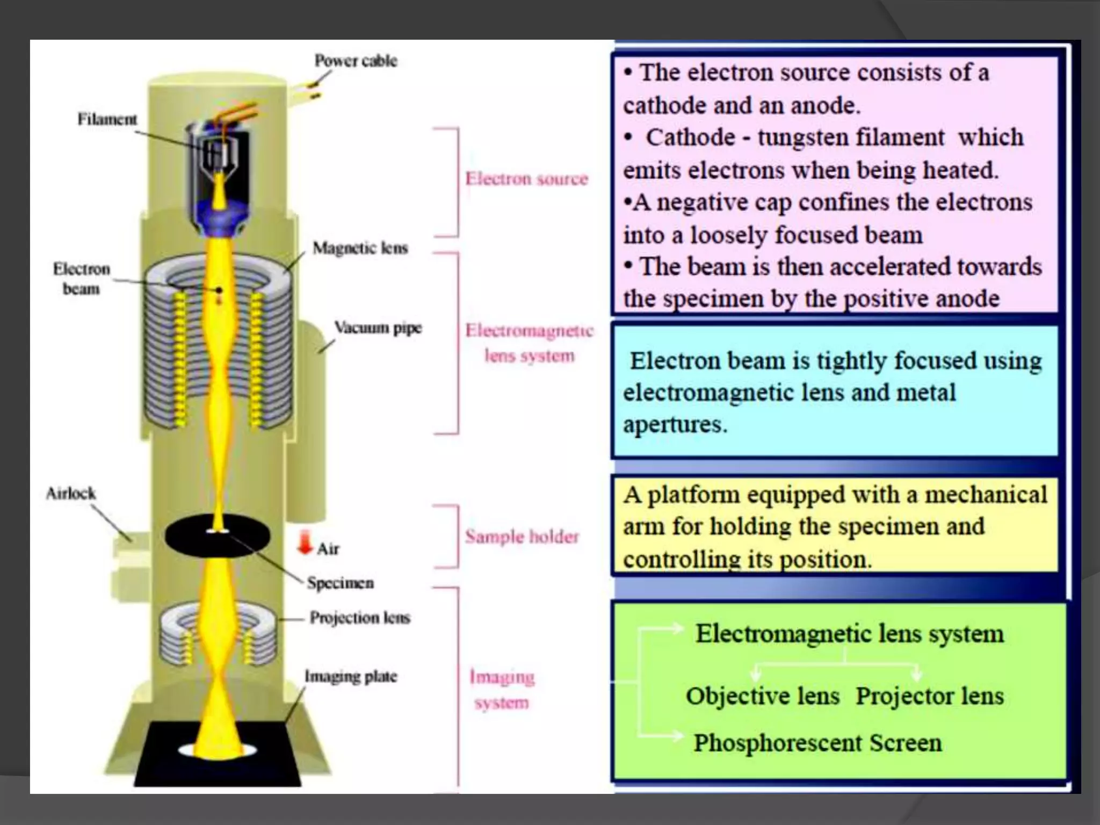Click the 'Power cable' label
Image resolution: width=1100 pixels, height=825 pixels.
[356, 61]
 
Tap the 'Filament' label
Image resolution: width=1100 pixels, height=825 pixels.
[107, 119]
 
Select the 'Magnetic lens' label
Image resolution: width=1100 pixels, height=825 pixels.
[360, 248]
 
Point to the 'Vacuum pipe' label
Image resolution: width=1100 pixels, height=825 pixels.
[378, 327]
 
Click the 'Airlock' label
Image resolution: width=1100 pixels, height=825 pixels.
[70, 493]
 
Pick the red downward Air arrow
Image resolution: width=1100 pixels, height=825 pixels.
[305, 542]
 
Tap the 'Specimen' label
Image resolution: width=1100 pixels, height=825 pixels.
[341, 583]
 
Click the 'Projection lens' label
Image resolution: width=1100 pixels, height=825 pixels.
[360, 618]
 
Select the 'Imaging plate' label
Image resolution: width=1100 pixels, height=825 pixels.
[351, 676]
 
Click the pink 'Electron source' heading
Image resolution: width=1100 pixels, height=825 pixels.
[526, 178]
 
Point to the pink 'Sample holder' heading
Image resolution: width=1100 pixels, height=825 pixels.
[522, 536]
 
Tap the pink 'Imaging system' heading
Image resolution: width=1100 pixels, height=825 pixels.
[502, 690]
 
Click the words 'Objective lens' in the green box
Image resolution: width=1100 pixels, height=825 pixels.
[762, 696]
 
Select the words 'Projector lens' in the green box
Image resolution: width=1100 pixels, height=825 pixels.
[930, 696]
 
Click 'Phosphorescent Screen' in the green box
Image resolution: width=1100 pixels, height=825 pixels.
[817, 743]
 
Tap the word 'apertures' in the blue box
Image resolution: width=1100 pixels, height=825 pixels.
[675, 424]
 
